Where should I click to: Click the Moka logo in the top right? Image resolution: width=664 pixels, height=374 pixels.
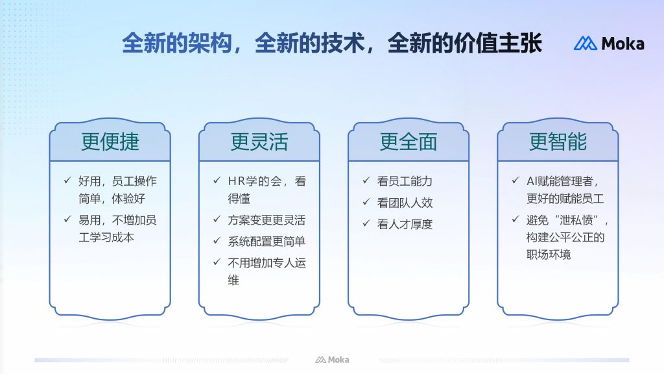click(x=609, y=44)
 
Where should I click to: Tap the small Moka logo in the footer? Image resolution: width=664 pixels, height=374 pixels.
click(x=332, y=360)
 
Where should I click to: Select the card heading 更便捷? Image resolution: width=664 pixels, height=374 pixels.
click(x=110, y=141)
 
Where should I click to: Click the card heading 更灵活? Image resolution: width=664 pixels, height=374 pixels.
click(x=259, y=141)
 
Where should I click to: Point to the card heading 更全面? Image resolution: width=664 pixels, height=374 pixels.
click(x=409, y=141)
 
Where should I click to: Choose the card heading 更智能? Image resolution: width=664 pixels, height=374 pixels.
click(x=558, y=141)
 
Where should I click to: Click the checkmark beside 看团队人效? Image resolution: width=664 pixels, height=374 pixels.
click(x=366, y=202)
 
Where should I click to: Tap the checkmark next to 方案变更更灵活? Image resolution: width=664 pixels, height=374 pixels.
click(x=217, y=219)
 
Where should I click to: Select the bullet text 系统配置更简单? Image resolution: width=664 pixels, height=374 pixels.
click(x=267, y=242)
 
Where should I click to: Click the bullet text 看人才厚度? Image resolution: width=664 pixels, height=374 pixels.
click(x=405, y=224)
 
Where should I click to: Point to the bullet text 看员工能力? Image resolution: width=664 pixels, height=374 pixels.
click(x=405, y=181)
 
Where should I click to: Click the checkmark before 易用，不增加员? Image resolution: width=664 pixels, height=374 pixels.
click(x=67, y=219)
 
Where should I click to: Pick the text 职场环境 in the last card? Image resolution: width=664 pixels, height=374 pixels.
click(x=549, y=255)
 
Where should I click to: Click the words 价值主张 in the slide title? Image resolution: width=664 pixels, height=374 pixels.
click(x=497, y=43)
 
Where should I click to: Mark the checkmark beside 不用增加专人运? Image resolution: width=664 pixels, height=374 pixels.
click(x=217, y=262)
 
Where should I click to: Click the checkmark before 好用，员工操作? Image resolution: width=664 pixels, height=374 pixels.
click(x=67, y=181)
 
